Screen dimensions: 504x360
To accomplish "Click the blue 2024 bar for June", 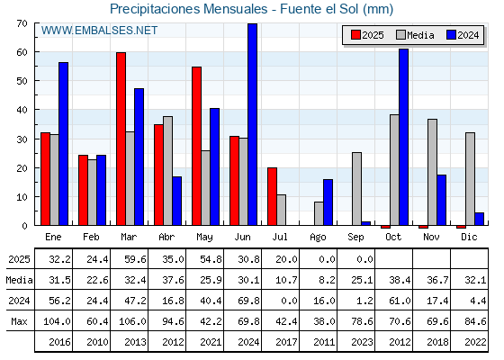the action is pyautogui.click(x=253, y=124).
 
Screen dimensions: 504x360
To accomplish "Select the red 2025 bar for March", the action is pyautogui.click(x=121, y=139).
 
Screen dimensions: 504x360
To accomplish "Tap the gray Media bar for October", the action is pyautogui.click(x=395, y=170).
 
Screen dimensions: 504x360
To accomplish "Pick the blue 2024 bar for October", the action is pyautogui.click(x=404, y=137).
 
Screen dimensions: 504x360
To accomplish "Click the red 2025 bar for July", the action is pyautogui.click(x=272, y=196).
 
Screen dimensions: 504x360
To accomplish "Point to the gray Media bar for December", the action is pyautogui.click(x=470, y=179).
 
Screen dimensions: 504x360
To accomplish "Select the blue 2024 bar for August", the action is pyautogui.click(x=328, y=202).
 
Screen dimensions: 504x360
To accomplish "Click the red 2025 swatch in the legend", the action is pyautogui.click(x=355, y=35).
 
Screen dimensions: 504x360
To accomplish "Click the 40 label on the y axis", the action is pyautogui.click(x=22, y=110).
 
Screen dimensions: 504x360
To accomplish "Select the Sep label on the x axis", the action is pyautogui.click(x=355, y=238).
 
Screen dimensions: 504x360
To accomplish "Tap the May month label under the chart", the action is pyautogui.click(x=204, y=238).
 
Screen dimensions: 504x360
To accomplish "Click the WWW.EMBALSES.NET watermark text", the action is pyautogui.click(x=99, y=31).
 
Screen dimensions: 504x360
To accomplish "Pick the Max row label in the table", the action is pyautogui.click(x=19, y=321).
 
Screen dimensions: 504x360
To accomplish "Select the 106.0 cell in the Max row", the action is pyautogui.click(x=132, y=321).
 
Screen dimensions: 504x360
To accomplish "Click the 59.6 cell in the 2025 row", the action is pyautogui.click(x=135, y=259).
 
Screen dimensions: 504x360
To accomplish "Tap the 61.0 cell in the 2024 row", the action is pyautogui.click(x=400, y=301).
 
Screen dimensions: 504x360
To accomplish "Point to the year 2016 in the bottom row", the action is pyautogui.click(x=59, y=342).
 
